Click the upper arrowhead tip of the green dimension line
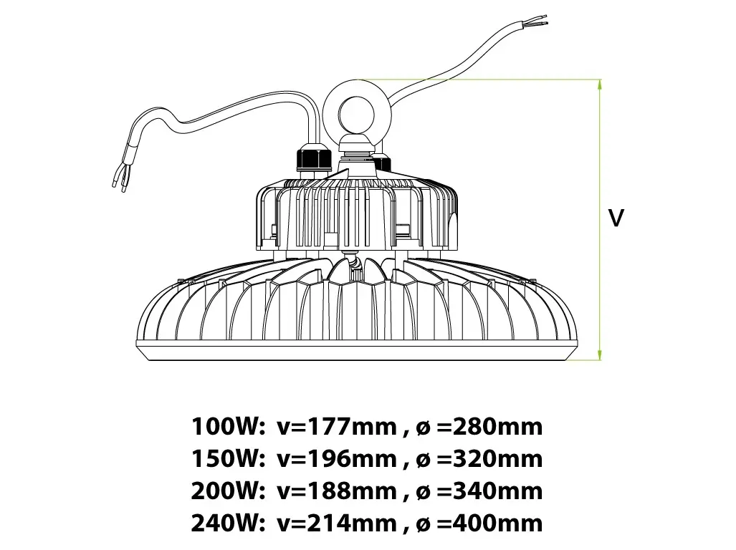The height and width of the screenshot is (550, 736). click(x=599, y=80)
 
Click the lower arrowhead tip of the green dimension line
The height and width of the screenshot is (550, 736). click(x=599, y=360)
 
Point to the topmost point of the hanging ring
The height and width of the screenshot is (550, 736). click(x=357, y=79)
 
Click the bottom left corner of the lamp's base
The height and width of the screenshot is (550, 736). click(x=148, y=360)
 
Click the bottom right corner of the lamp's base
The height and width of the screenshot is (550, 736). click(x=566, y=360)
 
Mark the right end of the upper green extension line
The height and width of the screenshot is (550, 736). click(x=601, y=79)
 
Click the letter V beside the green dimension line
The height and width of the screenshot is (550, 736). click(x=616, y=218)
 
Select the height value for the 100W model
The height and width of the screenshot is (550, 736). click(x=337, y=427)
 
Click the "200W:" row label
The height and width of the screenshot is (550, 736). click(x=225, y=491)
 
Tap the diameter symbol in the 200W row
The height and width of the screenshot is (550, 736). click(x=424, y=492)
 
